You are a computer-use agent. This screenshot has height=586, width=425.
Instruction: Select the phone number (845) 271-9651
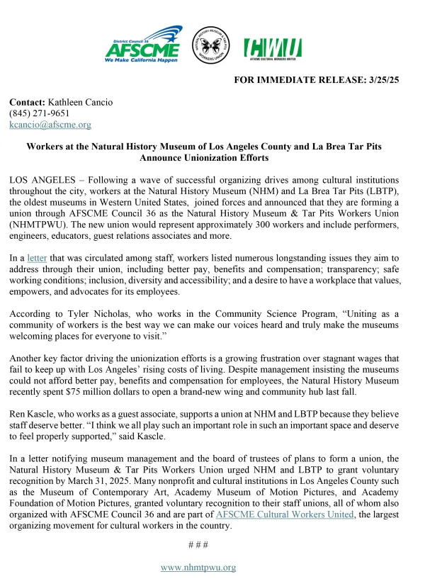[x=39, y=113]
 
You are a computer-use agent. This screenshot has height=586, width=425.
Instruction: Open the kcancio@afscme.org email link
[x=50, y=125]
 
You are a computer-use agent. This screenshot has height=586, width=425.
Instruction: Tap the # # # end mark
[x=197, y=544]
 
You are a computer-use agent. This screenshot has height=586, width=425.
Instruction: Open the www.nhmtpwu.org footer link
[x=198, y=567]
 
